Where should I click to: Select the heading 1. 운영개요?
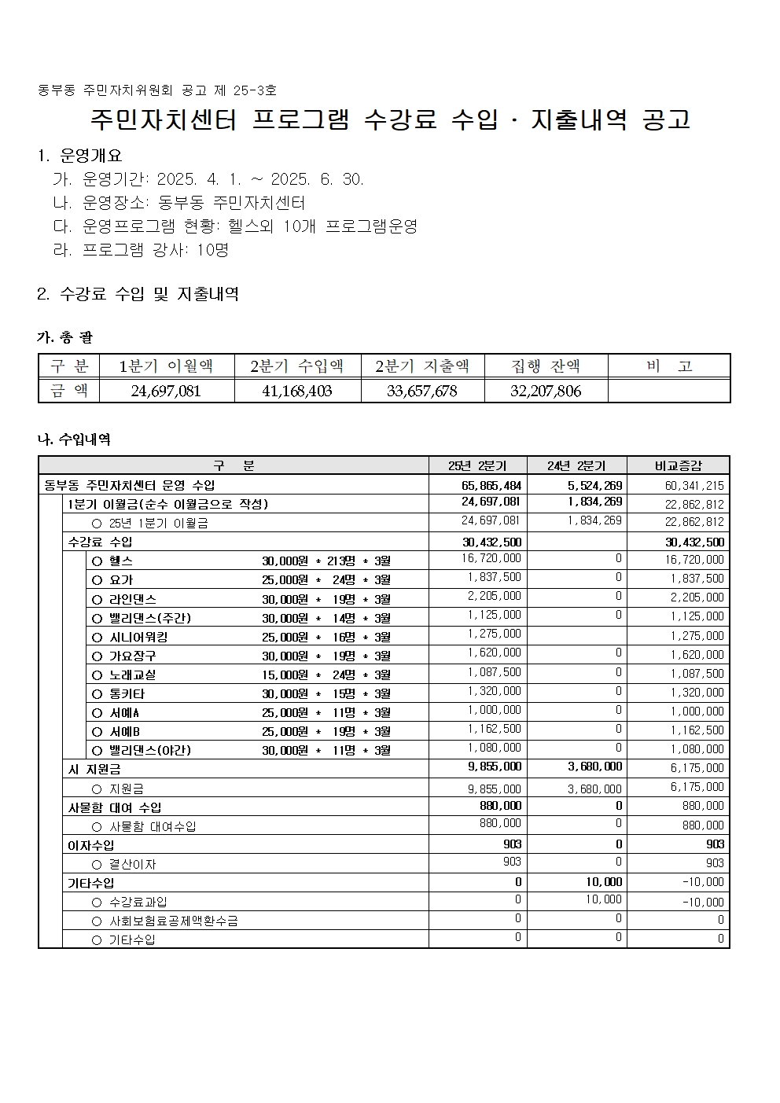click(80, 156)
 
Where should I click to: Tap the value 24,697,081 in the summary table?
click(166, 391)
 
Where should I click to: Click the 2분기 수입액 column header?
click(297, 366)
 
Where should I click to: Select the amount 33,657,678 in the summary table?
click(422, 391)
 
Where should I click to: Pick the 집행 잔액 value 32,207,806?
click(546, 391)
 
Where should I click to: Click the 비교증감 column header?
click(678, 465)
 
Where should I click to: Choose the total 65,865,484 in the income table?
click(491, 485)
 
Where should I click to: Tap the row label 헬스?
click(121, 561)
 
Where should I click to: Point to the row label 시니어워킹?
click(139, 637)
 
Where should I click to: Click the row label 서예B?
click(125, 731)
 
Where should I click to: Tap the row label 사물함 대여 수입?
click(115, 807)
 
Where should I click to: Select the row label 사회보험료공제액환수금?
click(173, 921)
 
